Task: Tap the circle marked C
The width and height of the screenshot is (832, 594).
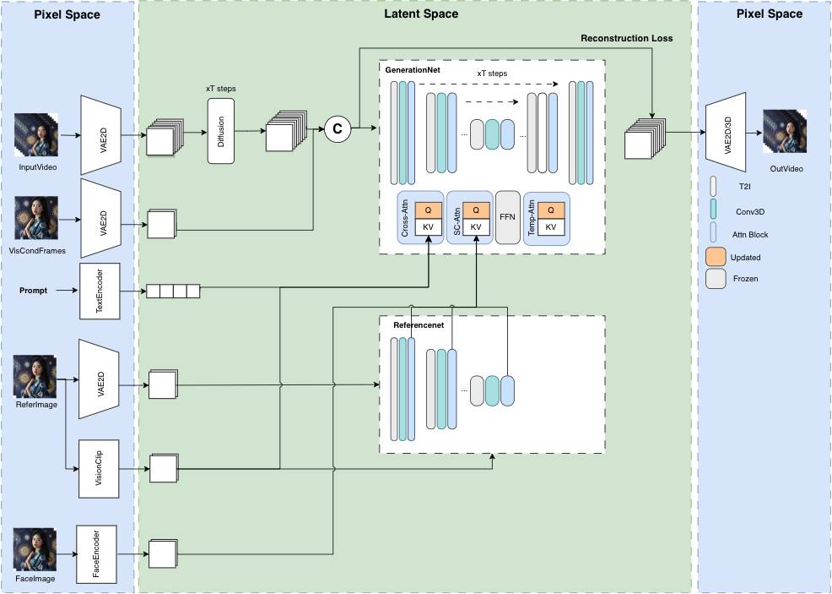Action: [338, 128]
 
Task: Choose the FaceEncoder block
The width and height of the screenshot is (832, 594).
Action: [95, 554]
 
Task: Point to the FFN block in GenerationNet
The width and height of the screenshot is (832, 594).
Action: [507, 217]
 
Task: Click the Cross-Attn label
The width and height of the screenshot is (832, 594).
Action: [406, 218]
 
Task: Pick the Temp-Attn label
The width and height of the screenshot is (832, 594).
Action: [532, 218]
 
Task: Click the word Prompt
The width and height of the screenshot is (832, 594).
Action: [33, 291]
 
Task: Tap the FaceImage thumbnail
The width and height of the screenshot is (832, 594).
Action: [35, 550]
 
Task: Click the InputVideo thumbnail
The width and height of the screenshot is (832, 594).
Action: [35, 134]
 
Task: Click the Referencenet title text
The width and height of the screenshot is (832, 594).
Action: [419, 325]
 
